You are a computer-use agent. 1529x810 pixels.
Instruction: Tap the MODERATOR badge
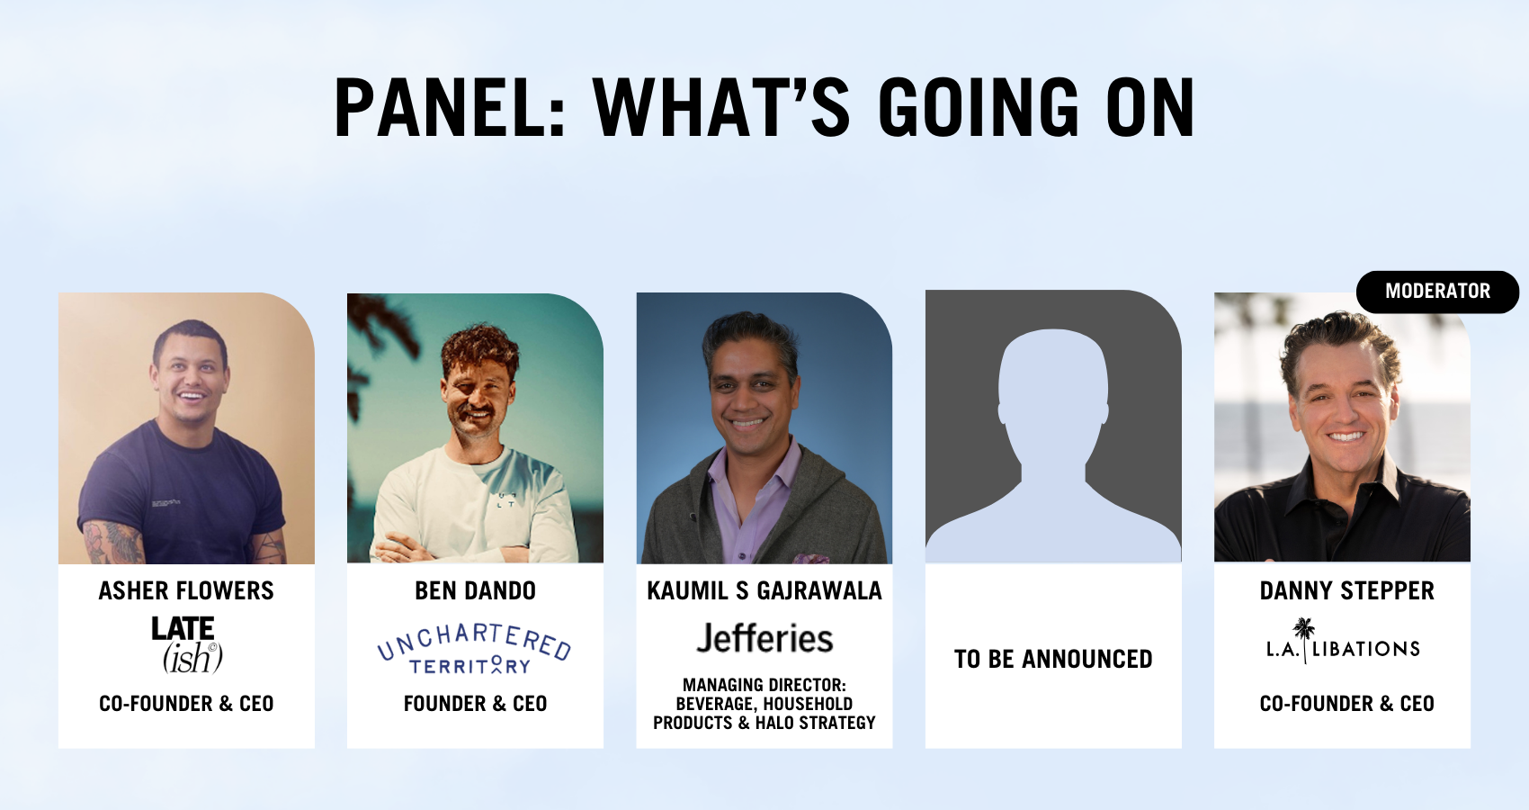click(x=1437, y=292)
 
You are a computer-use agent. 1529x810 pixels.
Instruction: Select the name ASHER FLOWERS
click(x=186, y=590)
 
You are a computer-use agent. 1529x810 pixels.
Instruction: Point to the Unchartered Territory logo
click(x=474, y=650)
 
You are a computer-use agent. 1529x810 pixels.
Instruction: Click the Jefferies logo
click(x=764, y=639)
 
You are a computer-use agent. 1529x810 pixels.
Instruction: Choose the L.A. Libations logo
click(x=1344, y=642)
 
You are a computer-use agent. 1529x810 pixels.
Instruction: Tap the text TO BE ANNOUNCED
click(x=1053, y=659)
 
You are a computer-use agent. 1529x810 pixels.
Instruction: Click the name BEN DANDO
click(x=475, y=590)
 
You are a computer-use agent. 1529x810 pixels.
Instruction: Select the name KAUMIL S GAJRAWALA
click(x=764, y=590)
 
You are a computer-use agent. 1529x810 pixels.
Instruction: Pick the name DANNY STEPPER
click(x=1346, y=590)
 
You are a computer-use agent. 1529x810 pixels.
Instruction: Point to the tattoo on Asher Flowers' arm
click(x=112, y=543)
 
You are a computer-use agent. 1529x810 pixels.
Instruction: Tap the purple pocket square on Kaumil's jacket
click(x=811, y=559)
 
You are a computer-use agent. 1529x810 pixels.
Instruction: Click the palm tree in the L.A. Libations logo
click(x=1304, y=639)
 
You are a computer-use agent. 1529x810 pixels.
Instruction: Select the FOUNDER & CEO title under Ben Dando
click(x=475, y=704)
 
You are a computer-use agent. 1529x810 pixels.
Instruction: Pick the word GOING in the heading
click(x=979, y=108)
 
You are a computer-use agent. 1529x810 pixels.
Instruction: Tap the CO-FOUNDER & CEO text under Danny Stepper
click(x=1346, y=704)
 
